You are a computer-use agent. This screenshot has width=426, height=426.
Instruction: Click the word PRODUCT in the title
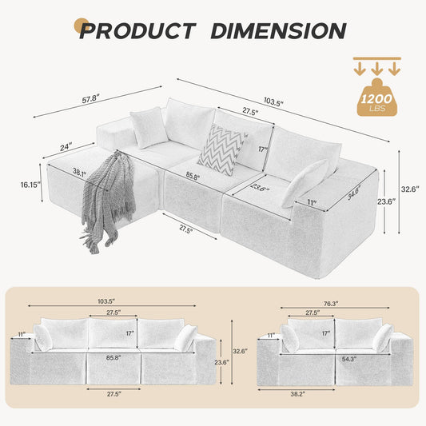[137, 30]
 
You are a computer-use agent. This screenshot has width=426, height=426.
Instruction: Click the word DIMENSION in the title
[278, 30]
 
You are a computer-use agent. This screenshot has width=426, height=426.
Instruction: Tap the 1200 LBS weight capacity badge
[377, 98]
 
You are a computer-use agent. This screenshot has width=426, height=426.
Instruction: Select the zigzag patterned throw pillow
[222, 149]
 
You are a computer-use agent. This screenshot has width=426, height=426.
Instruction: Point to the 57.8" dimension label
[91, 98]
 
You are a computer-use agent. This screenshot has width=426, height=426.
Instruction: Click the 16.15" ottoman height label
[30, 185]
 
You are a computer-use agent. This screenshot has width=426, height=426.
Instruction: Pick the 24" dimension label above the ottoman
[66, 147]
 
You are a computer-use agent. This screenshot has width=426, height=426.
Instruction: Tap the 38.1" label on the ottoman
[79, 173]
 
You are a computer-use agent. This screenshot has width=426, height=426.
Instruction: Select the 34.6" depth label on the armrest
[354, 193]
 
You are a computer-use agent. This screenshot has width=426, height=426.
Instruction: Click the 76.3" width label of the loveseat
[331, 304]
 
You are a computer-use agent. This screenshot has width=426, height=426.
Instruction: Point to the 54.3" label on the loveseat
[349, 359]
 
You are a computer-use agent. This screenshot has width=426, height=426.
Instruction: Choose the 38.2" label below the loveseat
[298, 394]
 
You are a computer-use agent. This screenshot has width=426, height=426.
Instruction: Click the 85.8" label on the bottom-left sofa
[113, 358]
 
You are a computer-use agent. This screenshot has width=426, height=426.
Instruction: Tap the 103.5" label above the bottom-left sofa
[106, 301]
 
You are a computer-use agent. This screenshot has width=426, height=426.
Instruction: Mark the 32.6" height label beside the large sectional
[410, 189]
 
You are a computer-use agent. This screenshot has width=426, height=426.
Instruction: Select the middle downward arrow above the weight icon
[376, 69]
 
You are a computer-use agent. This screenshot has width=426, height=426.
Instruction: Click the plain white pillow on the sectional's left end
[149, 128]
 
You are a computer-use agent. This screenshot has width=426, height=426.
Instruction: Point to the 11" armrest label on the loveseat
[270, 336]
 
